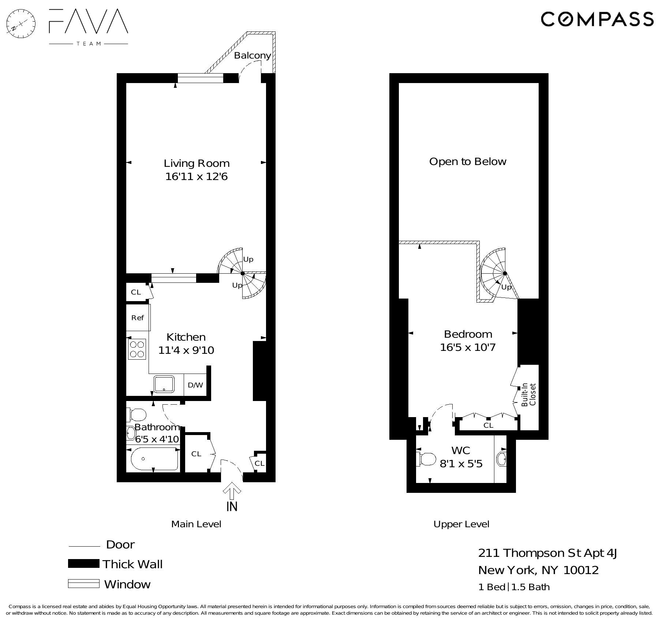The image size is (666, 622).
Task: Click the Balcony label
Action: click(x=252, y=56)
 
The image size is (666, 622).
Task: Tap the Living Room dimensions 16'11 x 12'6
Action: click(x=196, y=177)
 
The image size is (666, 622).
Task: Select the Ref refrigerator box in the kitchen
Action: click(x=138, y=318)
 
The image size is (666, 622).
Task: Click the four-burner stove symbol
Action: click(x=137, y=349)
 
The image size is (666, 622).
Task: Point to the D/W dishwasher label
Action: click(x=195, y=385)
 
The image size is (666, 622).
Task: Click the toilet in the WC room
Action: click(x=426, y=459)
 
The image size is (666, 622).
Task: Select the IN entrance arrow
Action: click(x=232, y=491)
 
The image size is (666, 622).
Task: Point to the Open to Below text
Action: click(x=467, y=162)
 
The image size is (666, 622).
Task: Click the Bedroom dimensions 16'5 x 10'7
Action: click(x=467, y=347)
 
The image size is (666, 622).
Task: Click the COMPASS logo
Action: click(x=597, y=19)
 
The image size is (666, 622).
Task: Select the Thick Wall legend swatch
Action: click(x=83, y=564)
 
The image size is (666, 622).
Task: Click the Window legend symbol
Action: click(x=83, y=584)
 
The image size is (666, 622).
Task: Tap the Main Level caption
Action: click(x=196, y=524)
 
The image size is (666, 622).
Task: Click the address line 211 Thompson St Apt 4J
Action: click(x=547, y=553)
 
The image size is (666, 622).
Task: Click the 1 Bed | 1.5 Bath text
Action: click(x=514, y=587)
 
